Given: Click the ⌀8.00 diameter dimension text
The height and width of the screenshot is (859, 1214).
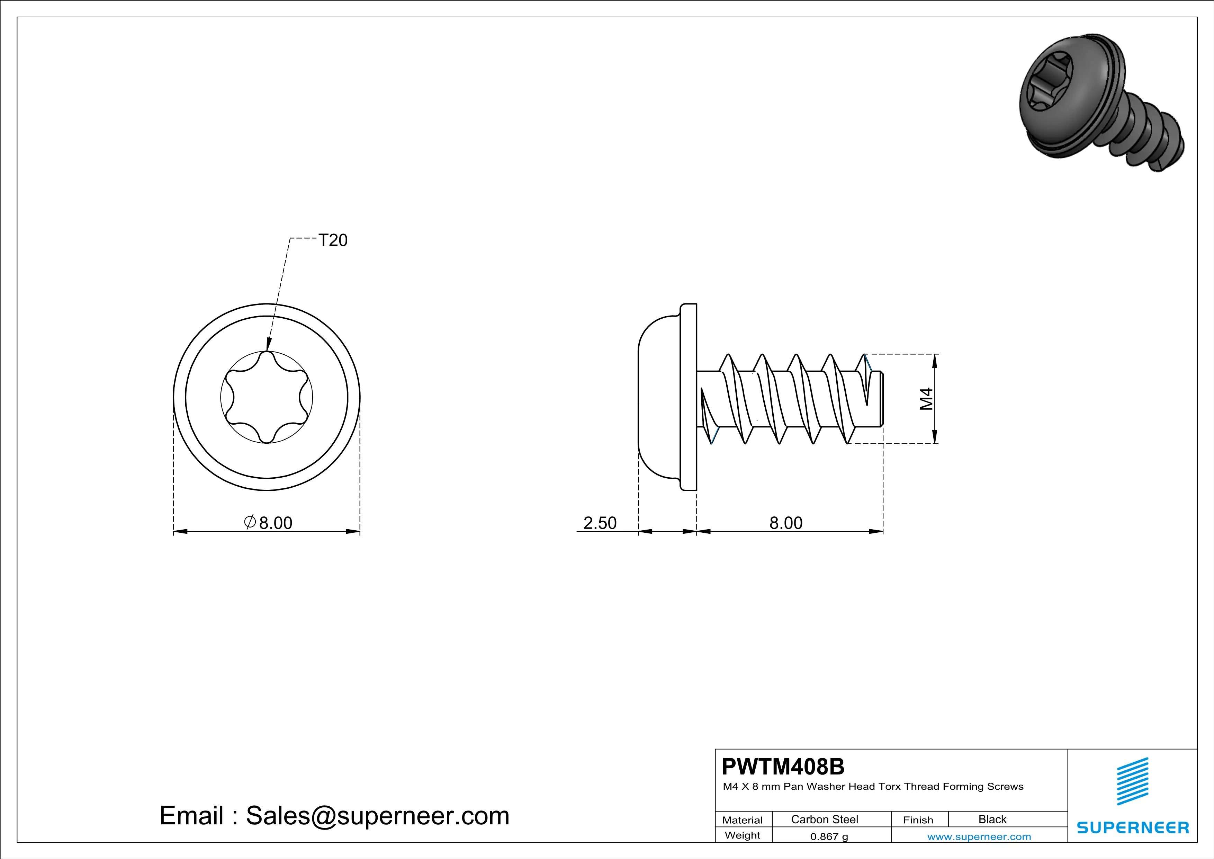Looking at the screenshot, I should point(269,523).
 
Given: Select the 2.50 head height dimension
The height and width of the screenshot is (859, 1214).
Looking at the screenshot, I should point(600,523).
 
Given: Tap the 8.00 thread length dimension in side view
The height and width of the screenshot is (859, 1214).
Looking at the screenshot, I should point(786,523).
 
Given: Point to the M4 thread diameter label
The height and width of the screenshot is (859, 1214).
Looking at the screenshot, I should point(926,399).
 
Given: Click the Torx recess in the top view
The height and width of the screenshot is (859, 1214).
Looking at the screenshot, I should point(267,397).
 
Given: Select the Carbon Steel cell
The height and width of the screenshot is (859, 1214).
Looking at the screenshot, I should point(824,819).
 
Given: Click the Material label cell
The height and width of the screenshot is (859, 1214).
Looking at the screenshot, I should point(743,820).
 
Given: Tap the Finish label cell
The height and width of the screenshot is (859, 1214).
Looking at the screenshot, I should point(918,820).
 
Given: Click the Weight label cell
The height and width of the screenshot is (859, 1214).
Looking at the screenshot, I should point(743,835).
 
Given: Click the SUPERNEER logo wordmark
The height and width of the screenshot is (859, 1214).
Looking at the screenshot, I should point(1133,827).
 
